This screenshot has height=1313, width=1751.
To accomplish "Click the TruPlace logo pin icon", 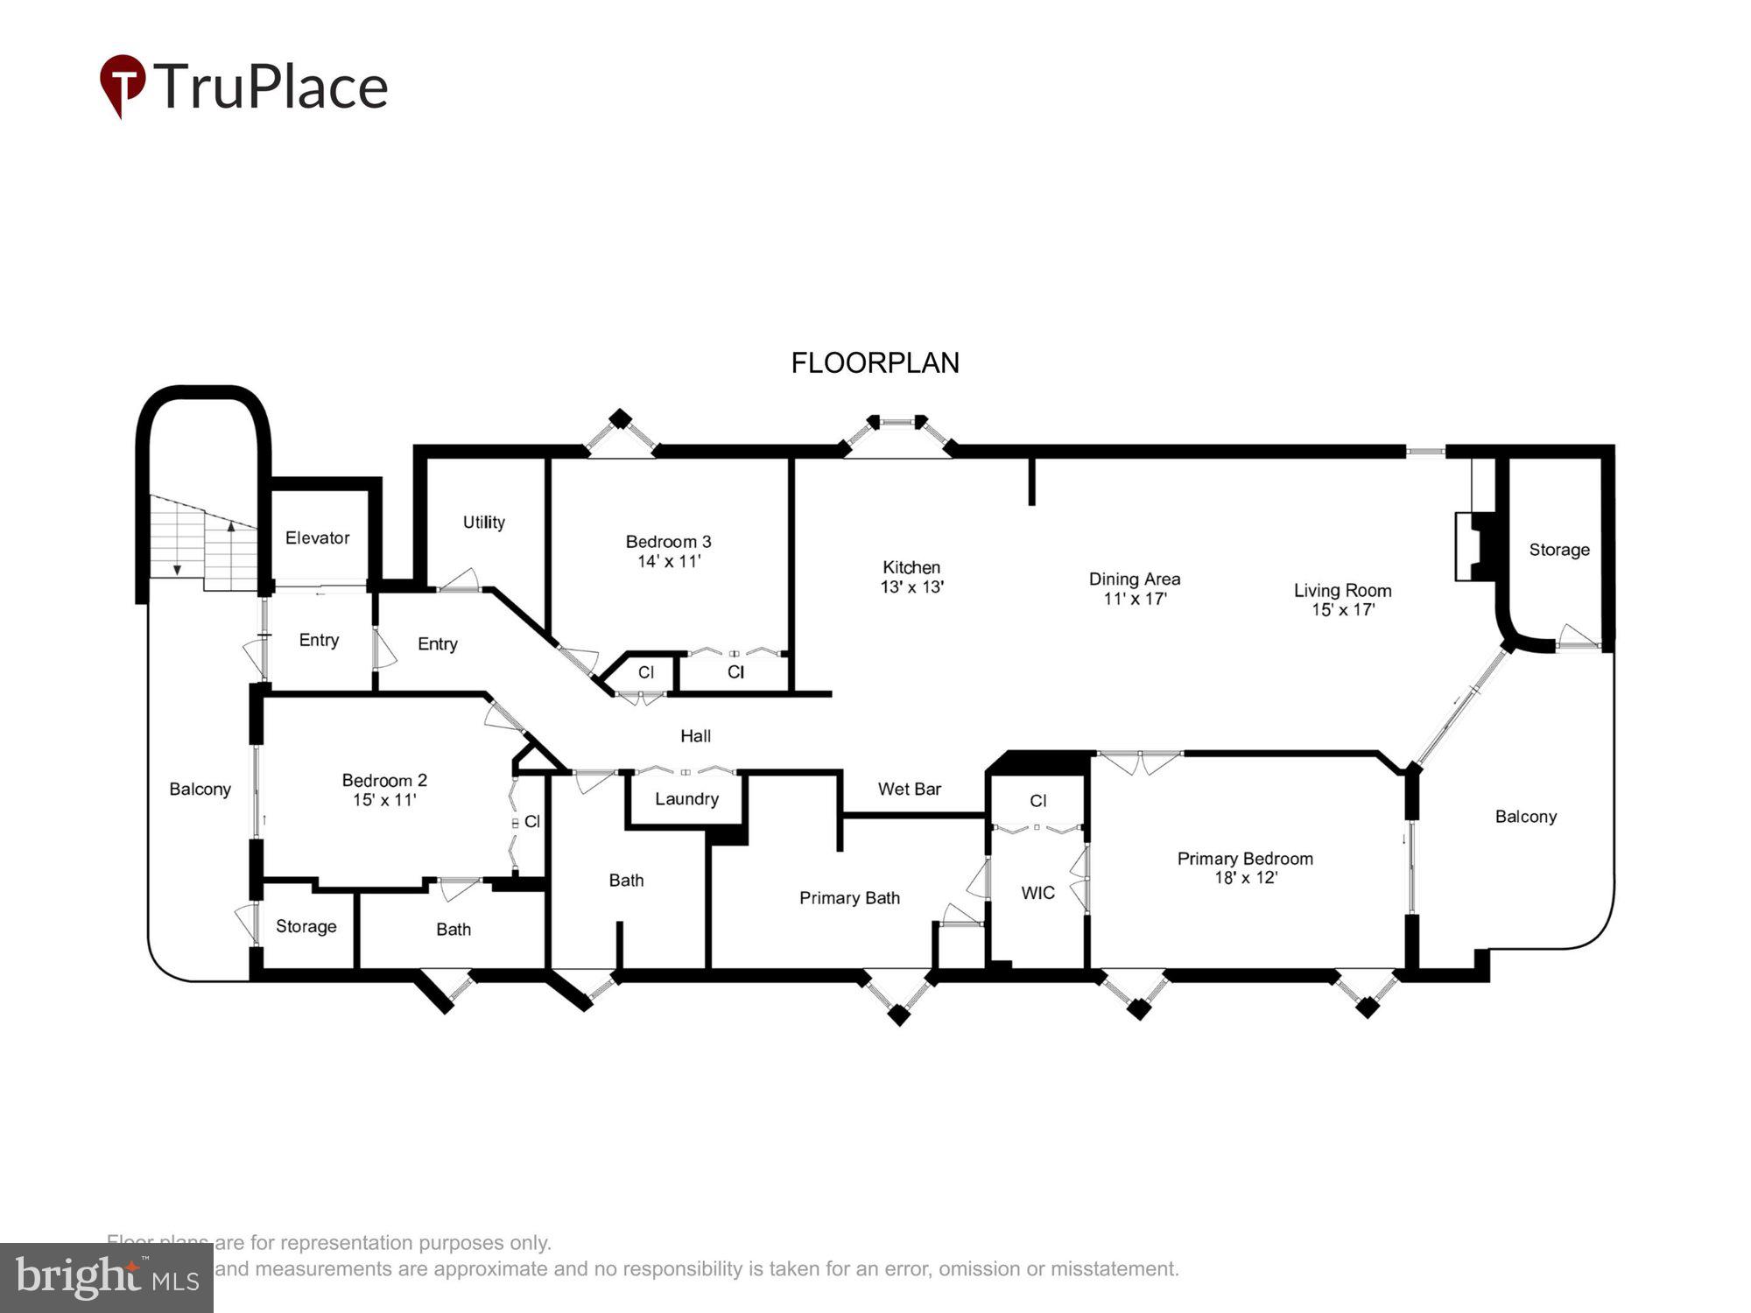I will (123, 84).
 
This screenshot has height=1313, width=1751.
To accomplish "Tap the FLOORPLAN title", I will (875, 362).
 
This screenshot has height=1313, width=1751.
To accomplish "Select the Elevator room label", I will (317, 537).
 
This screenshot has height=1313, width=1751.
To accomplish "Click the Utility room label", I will (483, 522).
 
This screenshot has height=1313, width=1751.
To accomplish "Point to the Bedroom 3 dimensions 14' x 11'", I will (668, 561).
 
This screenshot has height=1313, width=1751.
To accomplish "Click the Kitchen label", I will (911, 567).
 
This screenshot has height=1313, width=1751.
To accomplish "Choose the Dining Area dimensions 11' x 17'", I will (1135, 599).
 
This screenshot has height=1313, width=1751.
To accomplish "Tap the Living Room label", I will (1342, 590).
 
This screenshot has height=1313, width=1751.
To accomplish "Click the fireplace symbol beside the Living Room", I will (1476, 546).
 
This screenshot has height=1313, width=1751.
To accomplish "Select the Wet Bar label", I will (909, 789).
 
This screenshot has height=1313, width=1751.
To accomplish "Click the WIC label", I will (1037, 892).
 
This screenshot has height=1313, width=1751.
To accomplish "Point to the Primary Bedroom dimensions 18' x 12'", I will (1245, 877).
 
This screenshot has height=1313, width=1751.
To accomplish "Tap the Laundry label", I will (686, 798).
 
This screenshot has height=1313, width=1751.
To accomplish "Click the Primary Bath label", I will (849, 897).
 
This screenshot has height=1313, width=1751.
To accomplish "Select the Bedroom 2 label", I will (384, 780).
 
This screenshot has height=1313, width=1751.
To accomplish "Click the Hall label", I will (695, 736).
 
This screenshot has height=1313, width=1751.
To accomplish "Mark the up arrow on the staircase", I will (231, 526).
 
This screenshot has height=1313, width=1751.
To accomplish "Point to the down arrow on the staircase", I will (177, 569).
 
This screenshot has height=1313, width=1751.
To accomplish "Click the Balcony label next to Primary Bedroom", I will (1525, 816).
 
